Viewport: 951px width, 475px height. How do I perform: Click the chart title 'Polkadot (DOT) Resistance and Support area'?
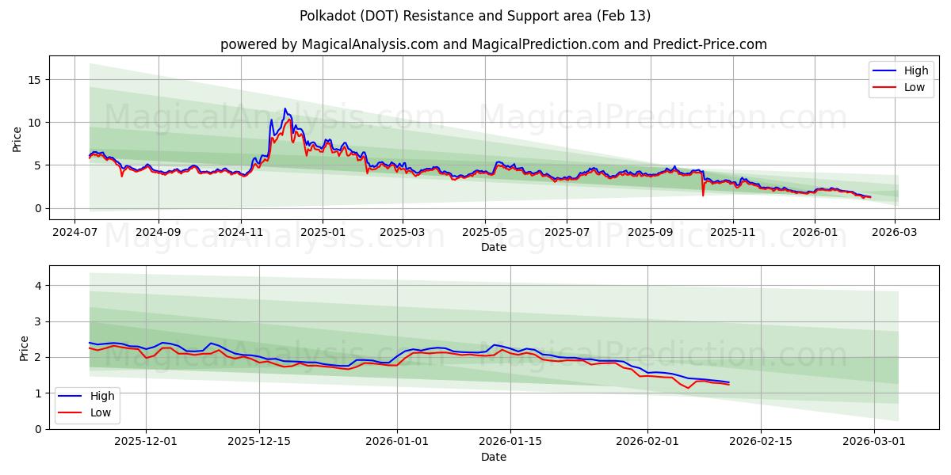click(x=475, y=16)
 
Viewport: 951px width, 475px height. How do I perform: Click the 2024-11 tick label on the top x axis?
click(x=240, y=233)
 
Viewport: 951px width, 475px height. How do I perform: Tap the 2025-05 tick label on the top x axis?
click(x=484, y=233)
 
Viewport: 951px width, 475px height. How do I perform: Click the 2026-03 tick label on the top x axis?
click(x=895, y=233)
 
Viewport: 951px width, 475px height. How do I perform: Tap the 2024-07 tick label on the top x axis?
click(x=74, y=233)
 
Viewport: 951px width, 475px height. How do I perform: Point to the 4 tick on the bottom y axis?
click(x=37, y=285)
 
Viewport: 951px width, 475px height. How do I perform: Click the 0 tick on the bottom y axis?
click(x=37, y=429)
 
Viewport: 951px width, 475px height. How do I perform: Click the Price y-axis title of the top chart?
click(x=17, y=138)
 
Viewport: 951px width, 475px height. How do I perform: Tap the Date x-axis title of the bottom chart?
click(x=493, y=457)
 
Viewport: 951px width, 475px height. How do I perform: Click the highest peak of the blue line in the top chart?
click(x=285, y=108)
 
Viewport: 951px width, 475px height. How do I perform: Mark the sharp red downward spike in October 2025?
click(x=703, y=195)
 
